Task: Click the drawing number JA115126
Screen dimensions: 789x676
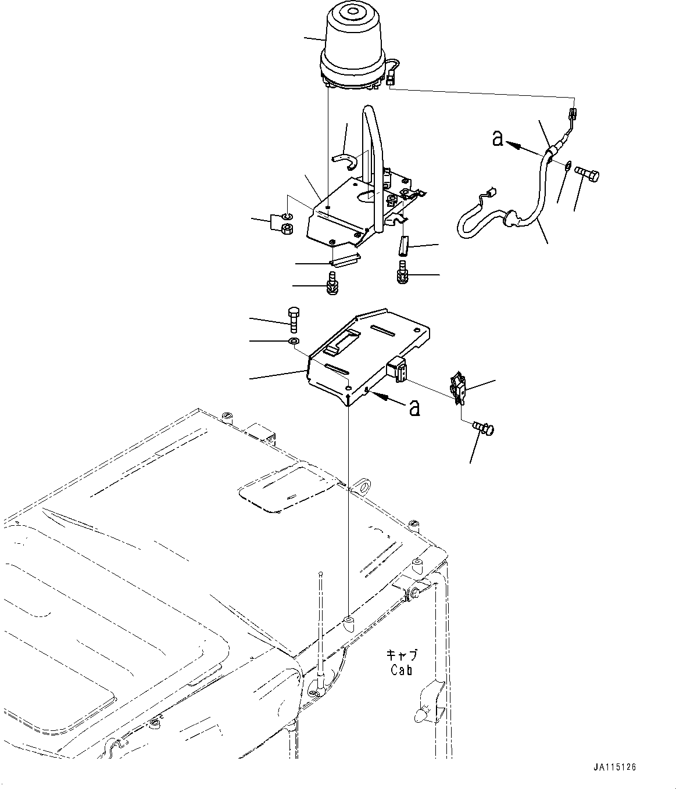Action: tap(616, 767)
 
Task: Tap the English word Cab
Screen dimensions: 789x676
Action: tap(401, 670)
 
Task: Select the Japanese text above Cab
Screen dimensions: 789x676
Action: tap(402, 655)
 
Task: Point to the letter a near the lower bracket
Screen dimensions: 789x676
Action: tap(414, 408)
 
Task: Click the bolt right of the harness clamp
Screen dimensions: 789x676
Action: tap(588, 173)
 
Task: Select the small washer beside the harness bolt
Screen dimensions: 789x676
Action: tap(567, 167)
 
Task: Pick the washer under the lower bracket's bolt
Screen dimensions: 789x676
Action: tap(294, 340)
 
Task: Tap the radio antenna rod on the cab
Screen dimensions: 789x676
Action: tap(320, 627)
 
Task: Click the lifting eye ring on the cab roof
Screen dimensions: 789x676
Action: tap(361, 485)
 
